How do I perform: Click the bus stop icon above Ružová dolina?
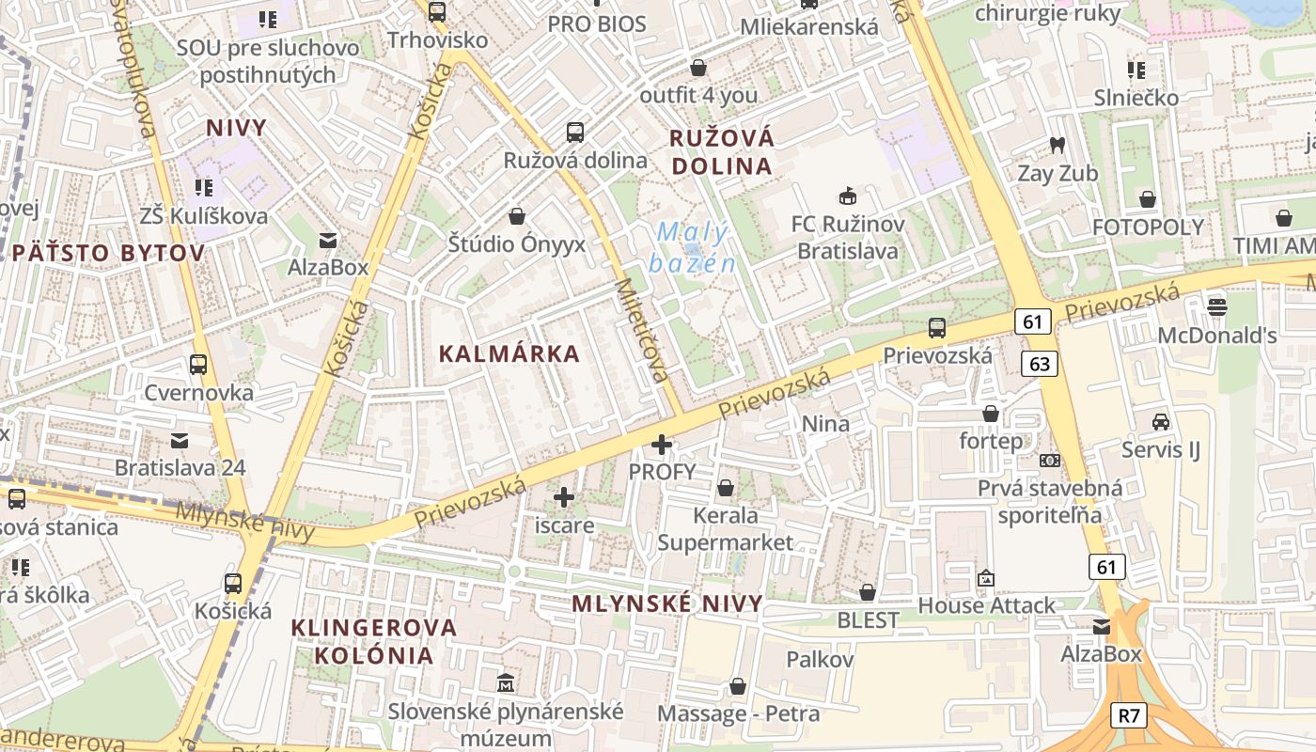pos(575,133)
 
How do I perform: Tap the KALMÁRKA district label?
pos(509,354)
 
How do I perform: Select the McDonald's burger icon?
pos(1217,306)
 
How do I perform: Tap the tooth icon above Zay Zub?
pos(1057,146)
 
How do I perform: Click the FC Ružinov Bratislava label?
pos(848,238)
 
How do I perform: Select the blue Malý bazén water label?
pos(694,247)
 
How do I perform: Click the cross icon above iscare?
pos(564,496)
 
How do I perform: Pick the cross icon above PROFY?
pos(663,444)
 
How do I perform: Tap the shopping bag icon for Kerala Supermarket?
pos(726,488)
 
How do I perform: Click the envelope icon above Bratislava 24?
pos(180,439)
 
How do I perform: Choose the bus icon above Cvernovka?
pos(198,364)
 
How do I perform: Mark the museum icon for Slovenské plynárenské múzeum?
pos(507,681)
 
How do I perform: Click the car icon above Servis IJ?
pos(1161,421)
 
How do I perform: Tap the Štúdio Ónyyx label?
pos(517,244)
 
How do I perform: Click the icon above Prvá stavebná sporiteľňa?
pos(1050,461)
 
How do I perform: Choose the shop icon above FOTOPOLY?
pos(1147,198)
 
